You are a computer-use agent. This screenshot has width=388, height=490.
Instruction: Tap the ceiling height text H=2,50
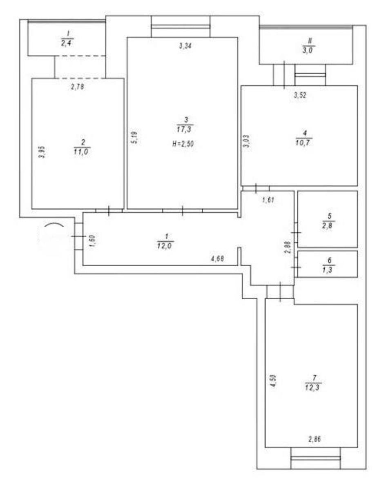183,144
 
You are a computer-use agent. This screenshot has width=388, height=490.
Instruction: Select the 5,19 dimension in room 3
135,137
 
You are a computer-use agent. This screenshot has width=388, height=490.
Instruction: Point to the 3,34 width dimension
185,46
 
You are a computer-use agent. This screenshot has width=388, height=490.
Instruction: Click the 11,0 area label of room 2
81,151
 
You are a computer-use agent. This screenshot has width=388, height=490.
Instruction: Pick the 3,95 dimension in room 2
42,152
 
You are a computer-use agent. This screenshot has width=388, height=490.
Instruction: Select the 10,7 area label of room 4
304,143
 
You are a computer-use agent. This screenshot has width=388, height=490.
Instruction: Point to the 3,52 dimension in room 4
300,95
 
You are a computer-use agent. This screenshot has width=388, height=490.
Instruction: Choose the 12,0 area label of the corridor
165,246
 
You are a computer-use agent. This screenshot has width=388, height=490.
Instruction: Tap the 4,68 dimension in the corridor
218,259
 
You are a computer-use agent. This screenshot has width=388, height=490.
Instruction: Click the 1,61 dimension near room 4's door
269,200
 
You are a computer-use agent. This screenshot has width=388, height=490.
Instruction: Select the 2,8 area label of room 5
329,225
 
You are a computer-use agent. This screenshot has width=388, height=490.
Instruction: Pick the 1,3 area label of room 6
329,270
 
